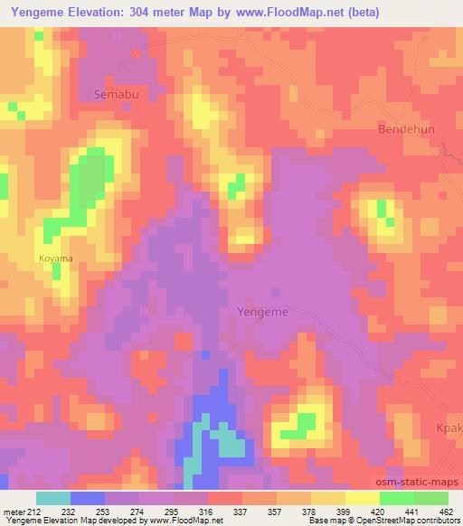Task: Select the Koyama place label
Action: coord(55,258)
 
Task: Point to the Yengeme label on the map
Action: coord(262,311)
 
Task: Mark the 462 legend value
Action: coord(446,511)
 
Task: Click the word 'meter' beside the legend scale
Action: coord(14,511)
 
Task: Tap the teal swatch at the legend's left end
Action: coord(54,498)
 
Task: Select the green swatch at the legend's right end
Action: coord(430,498)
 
